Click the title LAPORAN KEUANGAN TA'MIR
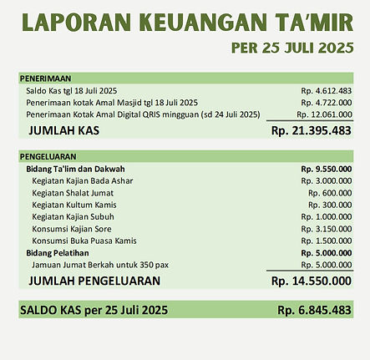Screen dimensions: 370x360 [185, 23]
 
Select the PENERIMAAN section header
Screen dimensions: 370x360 [46, 78]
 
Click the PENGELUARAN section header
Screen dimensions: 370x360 [48, 155]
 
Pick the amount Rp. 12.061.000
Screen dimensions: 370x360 [324, 114]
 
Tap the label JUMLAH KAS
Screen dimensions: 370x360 [66, 131]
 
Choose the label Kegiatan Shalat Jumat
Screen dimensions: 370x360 [73, 192]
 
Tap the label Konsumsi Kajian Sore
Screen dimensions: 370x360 [72, 229]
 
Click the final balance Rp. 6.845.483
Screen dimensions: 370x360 [314, 310]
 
